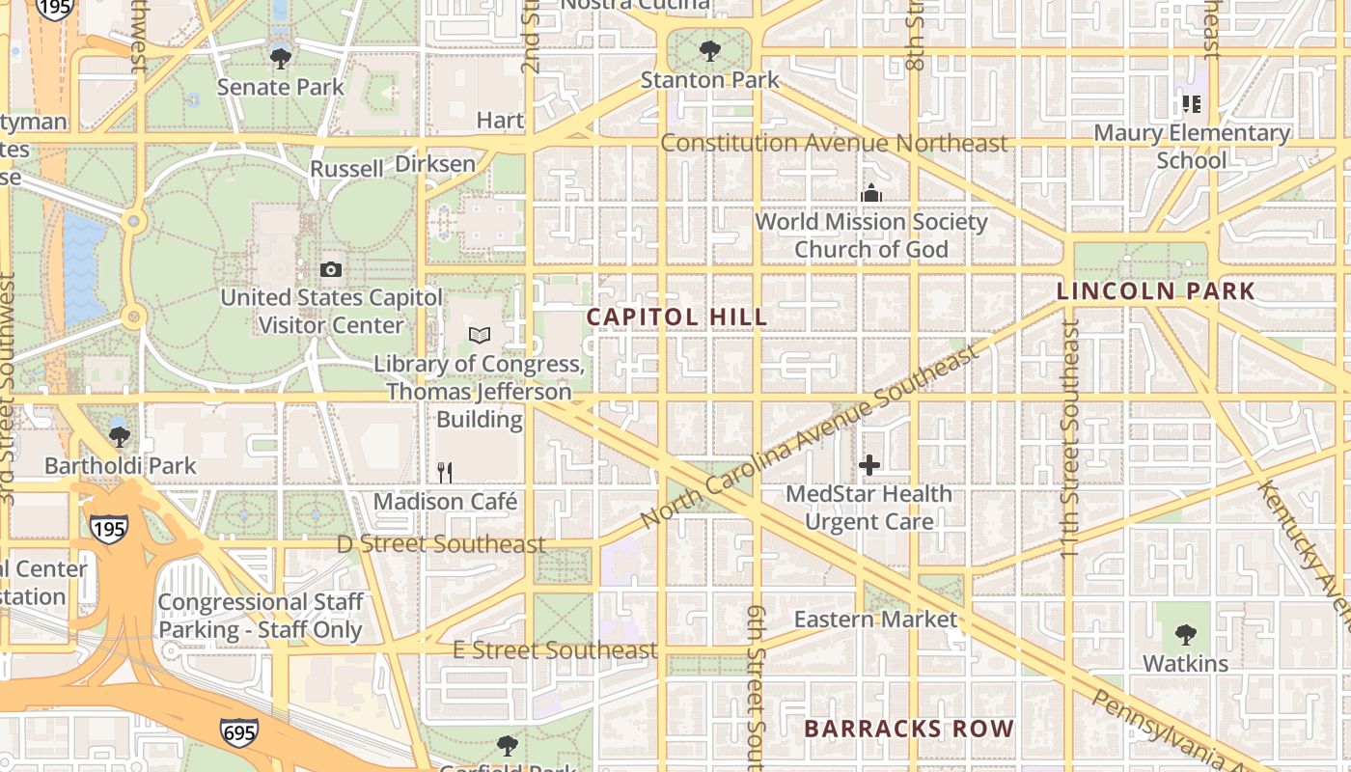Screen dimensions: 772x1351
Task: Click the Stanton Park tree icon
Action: coord(709,51)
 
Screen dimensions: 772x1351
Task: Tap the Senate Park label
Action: coord(280,87)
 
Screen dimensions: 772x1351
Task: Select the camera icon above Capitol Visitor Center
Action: coord(331,269)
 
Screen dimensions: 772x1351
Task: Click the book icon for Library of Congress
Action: coord(480,335)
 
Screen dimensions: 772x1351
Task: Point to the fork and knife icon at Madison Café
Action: coord(445,472)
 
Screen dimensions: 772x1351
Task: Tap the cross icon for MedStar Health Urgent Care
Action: coord(869,465)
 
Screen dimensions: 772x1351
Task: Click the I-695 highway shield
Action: coord(238,732)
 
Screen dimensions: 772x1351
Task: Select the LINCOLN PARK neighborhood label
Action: coord(1155,290)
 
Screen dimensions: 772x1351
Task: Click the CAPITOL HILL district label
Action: coord(677,317)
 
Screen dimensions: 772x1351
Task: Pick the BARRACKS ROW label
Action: coord(908,729)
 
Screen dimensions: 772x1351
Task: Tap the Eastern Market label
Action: coord(875,619)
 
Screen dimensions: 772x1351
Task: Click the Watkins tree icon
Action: coord(1185,635)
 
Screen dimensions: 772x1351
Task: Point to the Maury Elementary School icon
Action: coord(1191,104)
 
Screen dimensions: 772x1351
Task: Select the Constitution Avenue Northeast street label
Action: coord(834,144)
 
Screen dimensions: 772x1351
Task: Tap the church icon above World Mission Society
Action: coord(871,193)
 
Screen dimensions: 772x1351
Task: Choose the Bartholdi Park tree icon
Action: coord(120,436)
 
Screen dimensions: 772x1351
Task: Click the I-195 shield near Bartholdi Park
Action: coord(108,528)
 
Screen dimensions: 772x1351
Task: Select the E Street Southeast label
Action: coord(555,650)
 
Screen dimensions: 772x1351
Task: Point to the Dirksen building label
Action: coord(435,164)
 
